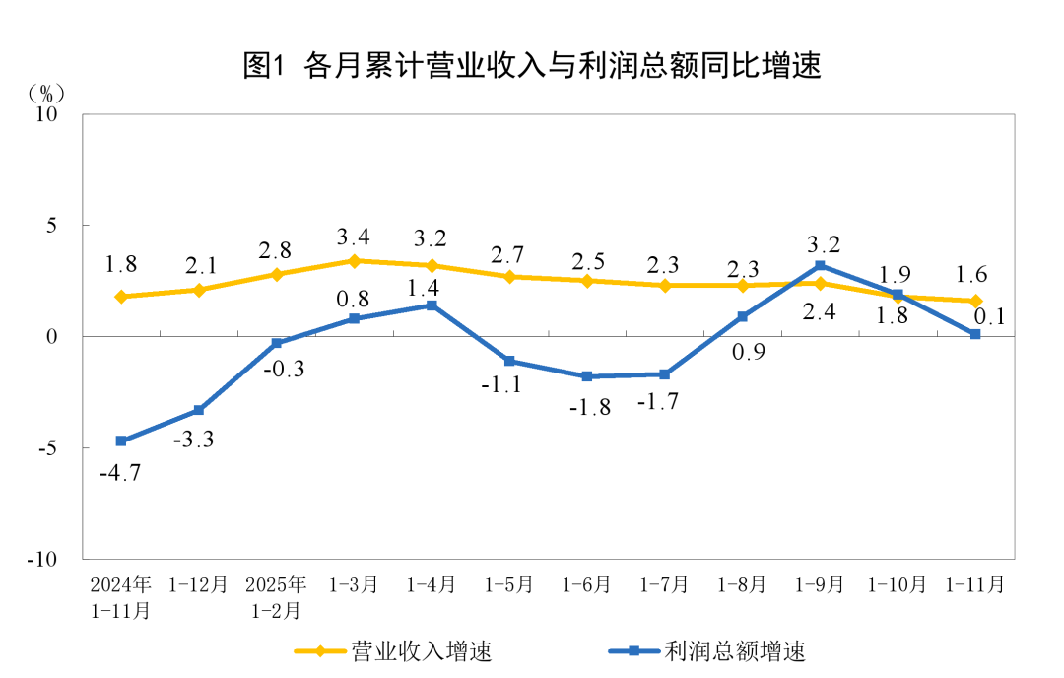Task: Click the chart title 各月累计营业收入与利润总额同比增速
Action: click(532, 66)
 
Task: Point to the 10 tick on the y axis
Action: click(48, 114)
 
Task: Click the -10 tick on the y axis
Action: click(44, 559)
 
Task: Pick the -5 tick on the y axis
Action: click(48, 447)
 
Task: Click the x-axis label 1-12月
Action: click(199, 584)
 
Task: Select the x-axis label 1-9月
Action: click(820, 584)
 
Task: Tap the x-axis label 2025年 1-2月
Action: click(277, 597)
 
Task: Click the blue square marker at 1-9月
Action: click(820, 266)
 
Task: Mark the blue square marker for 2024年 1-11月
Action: click(121, 441)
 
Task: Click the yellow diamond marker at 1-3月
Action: click(355, 260)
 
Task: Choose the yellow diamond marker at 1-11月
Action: click(975, 301)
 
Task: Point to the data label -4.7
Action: click(120, 473)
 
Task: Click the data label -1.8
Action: click(589, 407)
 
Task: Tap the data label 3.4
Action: click(355, 236)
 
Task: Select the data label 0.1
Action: click(989, 316)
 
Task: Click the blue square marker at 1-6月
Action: click(587, 376)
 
